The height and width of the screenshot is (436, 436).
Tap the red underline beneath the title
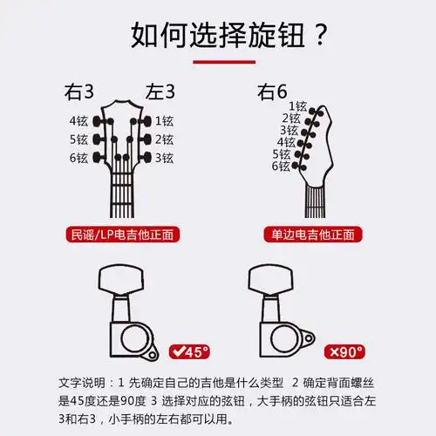[218, 62]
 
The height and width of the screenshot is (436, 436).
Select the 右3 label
[81, 92]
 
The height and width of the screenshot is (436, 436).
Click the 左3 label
[160, 92]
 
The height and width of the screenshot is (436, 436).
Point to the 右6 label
[271, 92]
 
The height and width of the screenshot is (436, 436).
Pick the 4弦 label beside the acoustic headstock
[78, 120]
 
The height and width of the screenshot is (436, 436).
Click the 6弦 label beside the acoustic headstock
[78, 158]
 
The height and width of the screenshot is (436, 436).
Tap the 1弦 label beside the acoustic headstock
[164, 120]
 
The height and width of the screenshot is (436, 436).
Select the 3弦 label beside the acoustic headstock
[164, 158]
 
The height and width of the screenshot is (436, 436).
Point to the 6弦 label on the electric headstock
[280, 166]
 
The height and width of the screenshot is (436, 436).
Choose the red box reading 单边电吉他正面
[311, 235]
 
